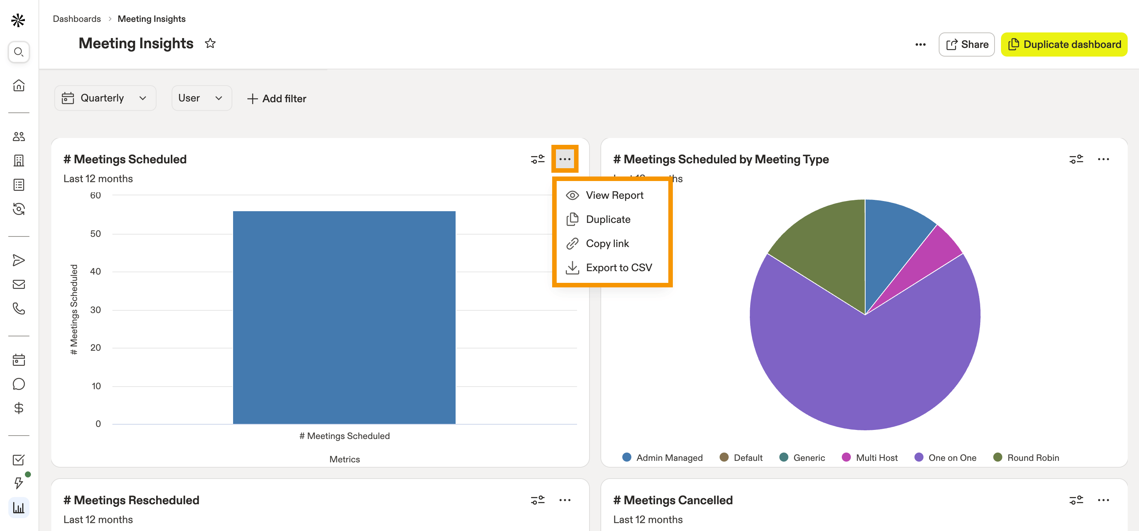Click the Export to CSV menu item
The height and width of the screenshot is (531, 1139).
[609, 267]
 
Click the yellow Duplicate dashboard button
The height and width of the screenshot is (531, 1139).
[1064, 44]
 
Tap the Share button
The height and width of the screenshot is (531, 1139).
[967, 44]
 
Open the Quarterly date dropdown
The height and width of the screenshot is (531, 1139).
[105, 98]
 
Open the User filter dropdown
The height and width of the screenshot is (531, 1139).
[201, 98]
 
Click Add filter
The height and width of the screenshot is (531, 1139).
[276, 98]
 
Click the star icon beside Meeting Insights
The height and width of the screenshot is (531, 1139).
[210, 43]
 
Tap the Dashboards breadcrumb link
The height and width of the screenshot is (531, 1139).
[77, 19]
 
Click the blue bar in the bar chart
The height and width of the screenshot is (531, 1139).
[344, 317]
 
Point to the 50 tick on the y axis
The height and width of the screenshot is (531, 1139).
[95, 233]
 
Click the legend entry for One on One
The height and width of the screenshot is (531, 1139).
[946, 457]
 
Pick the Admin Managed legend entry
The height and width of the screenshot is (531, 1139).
[662, 457]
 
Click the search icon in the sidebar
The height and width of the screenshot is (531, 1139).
[18, 52]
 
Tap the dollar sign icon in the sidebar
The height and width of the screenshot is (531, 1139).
[18, 408]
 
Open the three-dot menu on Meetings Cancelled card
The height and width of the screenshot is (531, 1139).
[1103, 500]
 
